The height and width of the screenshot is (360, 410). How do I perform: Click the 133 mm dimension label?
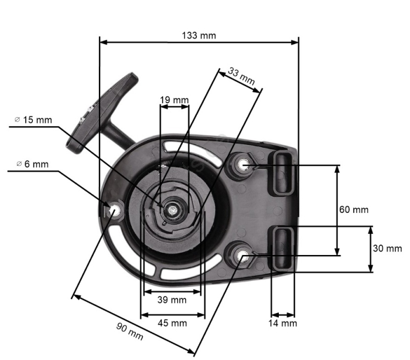(x=199, y=35)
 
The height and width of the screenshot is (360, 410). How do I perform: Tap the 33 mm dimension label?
(x=241, y=77)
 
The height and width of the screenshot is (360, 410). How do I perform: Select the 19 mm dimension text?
(x=174, y=100)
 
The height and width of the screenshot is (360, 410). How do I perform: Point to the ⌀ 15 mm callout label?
(x=33, y=120)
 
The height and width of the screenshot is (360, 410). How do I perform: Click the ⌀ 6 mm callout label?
(x=33, y=164)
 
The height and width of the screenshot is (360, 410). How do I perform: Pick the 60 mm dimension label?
(x=354, y=209)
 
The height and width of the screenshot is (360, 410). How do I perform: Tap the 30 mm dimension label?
(x=387, y=248)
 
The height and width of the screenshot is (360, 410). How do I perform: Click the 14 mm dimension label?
(x=282, y=323)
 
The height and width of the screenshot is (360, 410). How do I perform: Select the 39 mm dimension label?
(x=172, y=300)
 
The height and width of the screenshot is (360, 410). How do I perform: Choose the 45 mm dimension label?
(x=172, y=323)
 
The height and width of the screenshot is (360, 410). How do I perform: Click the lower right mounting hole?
(x=244, y=253)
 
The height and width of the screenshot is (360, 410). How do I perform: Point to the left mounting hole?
(x=112, y=209)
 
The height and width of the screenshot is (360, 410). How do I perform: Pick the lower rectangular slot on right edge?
(x=282, y=249)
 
